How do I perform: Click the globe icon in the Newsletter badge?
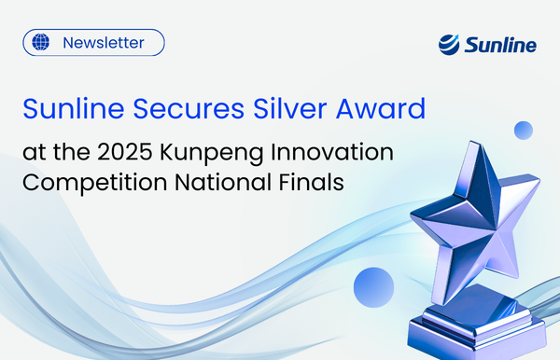click(40, 43)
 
